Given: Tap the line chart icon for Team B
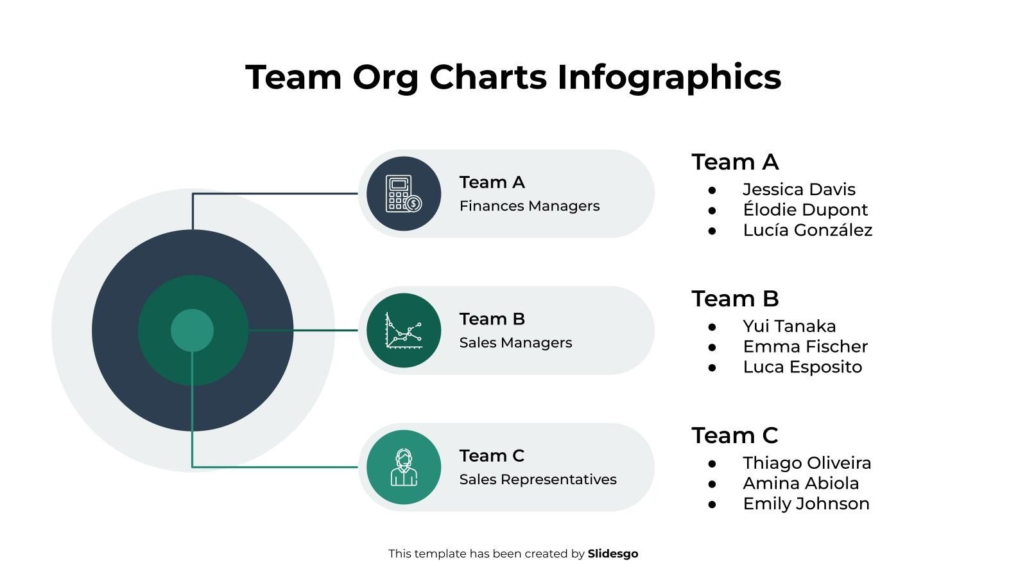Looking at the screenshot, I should (403, 330).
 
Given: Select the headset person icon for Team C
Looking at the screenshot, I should (403, 467).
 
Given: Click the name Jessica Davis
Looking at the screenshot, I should (798, 189).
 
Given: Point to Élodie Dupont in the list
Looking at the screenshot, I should (805, 210).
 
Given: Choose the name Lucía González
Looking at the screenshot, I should (807, 230).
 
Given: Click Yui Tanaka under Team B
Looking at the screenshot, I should (789, 326).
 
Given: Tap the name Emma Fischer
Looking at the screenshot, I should (805, 347).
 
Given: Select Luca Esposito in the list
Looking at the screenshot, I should (802, 367).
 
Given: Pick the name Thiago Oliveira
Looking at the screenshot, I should (807, 463).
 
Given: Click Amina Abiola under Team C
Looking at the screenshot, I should (800, 484).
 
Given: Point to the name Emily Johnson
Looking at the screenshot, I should (806, 504).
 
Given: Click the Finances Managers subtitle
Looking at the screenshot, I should (529, 206).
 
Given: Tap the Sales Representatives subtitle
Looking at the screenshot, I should (537, 480).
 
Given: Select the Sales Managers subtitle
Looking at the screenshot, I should (515, 343).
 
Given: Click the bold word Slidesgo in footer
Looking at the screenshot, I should (612, 554).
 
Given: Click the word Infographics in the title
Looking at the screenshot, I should (669, 77).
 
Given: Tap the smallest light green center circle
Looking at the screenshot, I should (192, 330).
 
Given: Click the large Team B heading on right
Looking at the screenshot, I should (734, 299).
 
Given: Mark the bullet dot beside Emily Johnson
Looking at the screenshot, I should (712, 504).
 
